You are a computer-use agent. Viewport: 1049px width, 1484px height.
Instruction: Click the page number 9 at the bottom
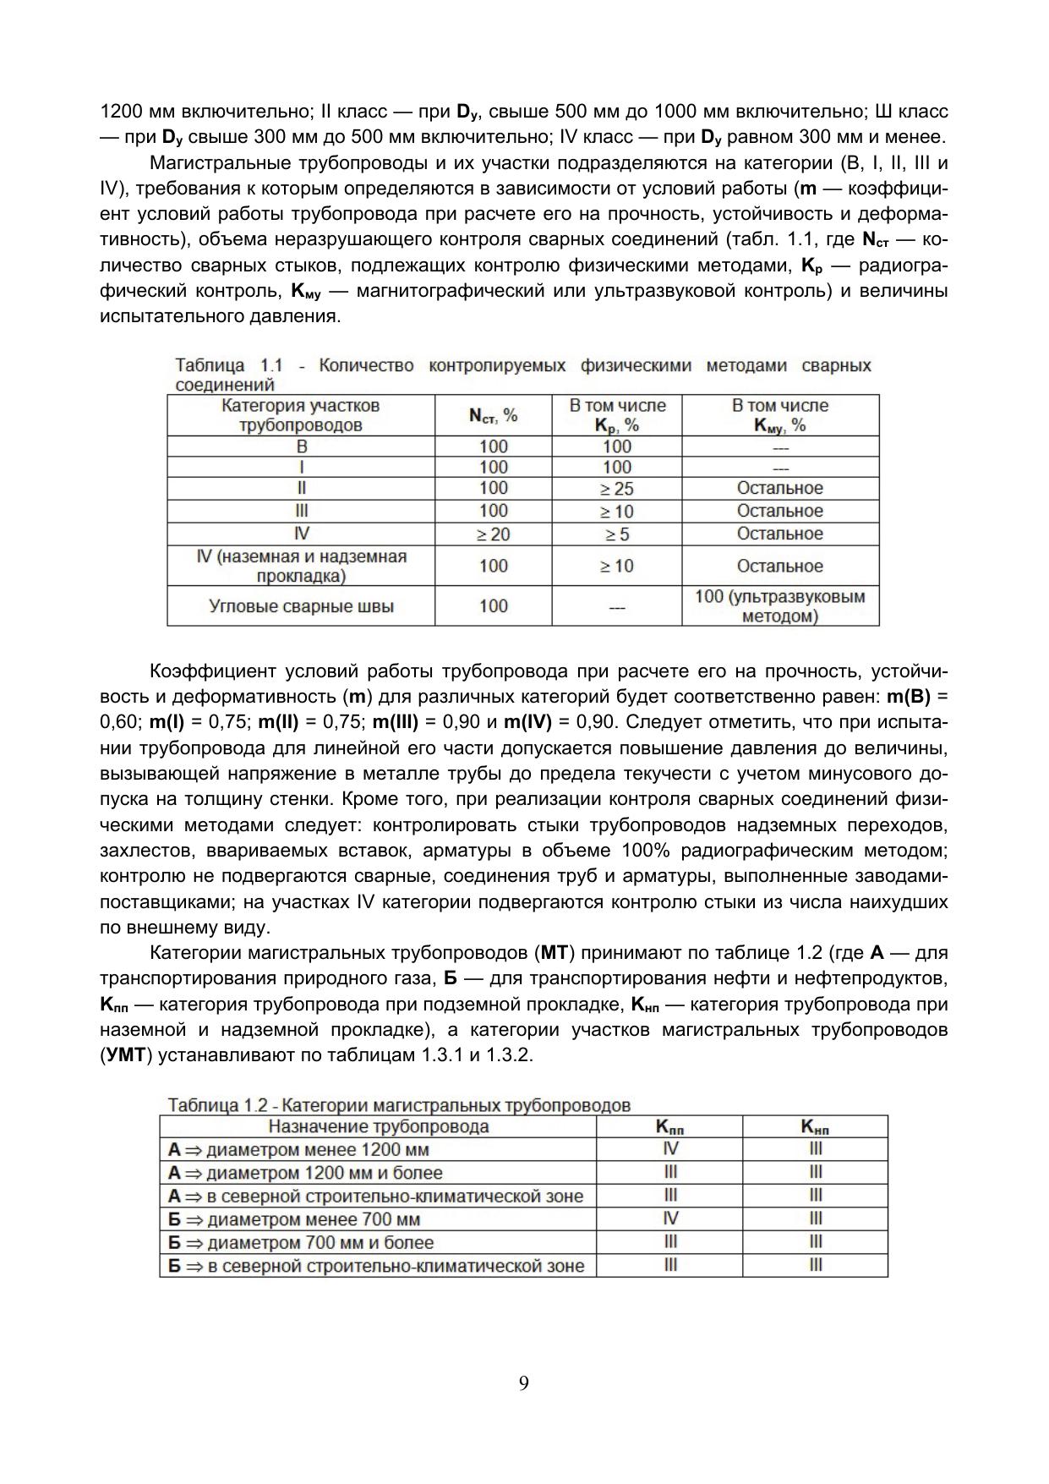[x=524, y=1383]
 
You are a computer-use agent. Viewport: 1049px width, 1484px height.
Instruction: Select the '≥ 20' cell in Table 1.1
[x=493, y=534]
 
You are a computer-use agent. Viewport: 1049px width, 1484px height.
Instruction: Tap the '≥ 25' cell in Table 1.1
[x=617, y=489]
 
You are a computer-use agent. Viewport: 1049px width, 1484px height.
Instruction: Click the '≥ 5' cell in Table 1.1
[x=617, y=534]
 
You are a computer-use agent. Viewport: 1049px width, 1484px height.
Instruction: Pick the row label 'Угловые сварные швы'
[x=301, y=606]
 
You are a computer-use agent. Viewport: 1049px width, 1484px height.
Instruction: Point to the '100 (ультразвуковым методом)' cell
[x=780, y=606]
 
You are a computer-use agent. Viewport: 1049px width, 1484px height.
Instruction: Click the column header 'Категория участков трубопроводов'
[x=301, y=415]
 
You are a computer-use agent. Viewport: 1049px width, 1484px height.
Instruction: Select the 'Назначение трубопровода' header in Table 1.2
[x=378, y=1126]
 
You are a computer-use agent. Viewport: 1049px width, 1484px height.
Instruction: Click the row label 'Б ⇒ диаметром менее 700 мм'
[x=294, y=1219]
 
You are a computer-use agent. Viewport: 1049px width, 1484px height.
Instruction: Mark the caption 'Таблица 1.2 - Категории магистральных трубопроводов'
[x=399, y=1105]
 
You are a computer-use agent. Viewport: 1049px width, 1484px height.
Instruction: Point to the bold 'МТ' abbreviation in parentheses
[x=555, y=953]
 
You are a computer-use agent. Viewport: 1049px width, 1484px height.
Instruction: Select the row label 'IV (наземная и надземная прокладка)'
[x=301, y=567]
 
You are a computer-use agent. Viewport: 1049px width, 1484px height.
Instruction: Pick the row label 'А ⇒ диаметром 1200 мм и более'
[x=305, y=1173]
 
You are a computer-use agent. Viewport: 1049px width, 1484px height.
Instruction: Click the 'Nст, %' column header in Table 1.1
[x=493, y=415]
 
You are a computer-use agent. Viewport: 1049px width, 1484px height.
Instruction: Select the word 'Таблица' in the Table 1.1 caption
[x=210, y=366]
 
